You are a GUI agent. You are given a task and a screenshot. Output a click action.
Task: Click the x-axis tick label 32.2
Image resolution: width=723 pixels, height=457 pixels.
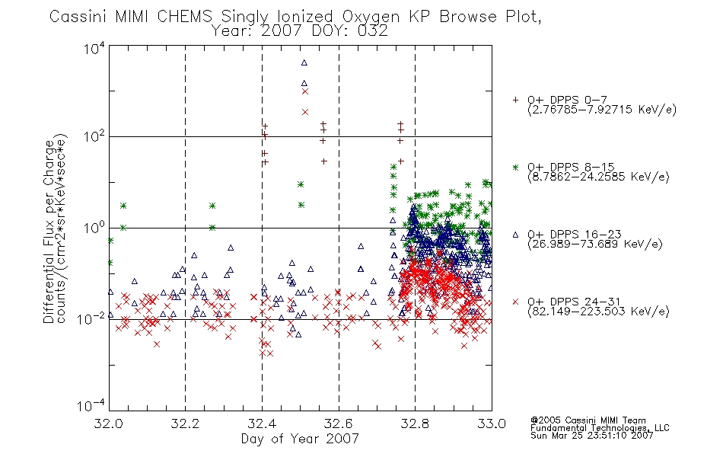click(x=185, y=423)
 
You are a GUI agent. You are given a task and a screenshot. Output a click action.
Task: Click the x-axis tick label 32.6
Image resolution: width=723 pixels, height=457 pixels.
click(x=339, y=423)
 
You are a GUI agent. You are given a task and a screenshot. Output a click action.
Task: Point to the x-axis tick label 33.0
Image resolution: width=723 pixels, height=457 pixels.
click(x=492, y=423)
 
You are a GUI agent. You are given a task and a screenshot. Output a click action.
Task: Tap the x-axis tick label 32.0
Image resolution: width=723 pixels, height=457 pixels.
click(x=109, y=423)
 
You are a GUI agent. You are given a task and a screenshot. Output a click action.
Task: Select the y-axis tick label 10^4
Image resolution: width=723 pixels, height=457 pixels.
click(x=94, y=48)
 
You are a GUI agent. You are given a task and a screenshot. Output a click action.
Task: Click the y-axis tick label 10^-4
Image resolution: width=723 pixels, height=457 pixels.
click(x=91, y=405)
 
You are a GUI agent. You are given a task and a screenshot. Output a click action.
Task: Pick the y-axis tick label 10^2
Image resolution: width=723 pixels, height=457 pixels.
click(x=94, y=136)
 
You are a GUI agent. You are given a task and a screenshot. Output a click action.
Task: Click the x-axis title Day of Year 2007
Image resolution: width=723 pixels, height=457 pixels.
click(x=300, y=439)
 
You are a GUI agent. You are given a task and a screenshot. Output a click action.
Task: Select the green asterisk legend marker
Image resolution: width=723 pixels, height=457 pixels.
click(x=515, y=167)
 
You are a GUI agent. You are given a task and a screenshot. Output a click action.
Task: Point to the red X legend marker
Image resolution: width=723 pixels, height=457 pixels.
click(x=515, y=302)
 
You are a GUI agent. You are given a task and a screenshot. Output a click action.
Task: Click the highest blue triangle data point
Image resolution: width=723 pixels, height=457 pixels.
click(x=304, y=62)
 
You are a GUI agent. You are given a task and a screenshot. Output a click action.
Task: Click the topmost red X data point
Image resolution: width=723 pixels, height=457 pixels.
click(x=304, y=91)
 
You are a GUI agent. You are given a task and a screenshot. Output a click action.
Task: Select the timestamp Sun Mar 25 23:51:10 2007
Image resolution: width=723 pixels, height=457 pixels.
click(x=591, y=436)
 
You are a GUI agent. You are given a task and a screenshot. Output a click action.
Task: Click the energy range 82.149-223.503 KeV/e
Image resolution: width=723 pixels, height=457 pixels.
click(x=598, y=312)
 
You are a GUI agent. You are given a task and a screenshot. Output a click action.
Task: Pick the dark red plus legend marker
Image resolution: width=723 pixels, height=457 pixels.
click(x=515, y=100)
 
